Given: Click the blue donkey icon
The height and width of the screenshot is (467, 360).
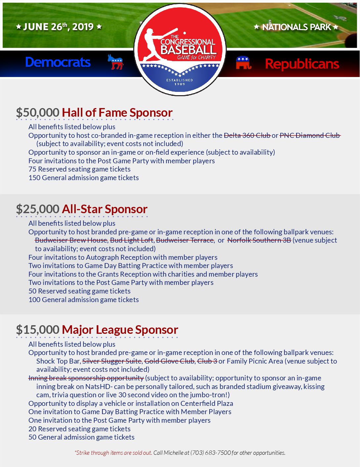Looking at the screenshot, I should (115, 62).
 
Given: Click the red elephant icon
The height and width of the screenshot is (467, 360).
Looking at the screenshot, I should (244, 63).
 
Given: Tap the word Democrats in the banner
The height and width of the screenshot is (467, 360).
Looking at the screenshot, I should (58, 62).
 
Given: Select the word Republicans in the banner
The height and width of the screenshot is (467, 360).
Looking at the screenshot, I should (302, 64).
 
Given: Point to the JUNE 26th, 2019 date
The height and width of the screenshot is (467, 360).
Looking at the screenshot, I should (59, 27).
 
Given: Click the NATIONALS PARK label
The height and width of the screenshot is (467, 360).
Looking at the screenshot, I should (296, 27).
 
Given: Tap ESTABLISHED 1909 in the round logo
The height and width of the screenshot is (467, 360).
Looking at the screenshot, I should (180, 82).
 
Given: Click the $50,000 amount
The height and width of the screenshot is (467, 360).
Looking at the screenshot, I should (38, 113).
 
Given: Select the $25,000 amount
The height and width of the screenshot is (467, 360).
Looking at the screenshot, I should (38, 209).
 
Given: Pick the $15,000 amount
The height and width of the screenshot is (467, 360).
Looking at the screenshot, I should (38, 330).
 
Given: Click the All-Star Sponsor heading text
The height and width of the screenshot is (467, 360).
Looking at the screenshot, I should (104, 209).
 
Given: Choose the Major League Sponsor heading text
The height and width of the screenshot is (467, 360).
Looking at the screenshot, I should (120, 330).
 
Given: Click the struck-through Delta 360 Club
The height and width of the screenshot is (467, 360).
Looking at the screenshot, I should (247, 135).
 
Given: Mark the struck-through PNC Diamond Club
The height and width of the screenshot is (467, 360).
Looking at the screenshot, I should (310, 135).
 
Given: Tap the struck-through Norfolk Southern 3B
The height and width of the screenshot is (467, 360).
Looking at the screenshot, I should (259, 240).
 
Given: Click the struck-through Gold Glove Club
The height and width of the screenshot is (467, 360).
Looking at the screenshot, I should (169, 361).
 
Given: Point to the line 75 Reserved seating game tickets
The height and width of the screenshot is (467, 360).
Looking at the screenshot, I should (79, 169).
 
